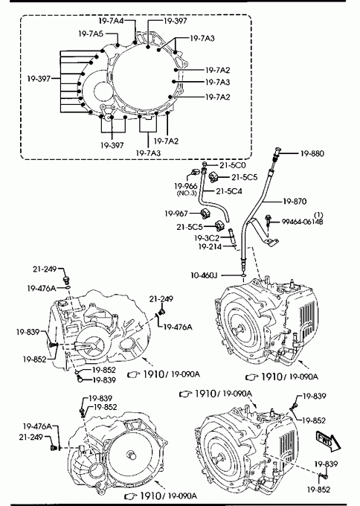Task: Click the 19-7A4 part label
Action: [111, 21]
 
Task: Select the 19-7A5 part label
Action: [91, 33]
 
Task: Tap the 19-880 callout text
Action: [312, 153]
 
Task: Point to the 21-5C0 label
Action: [233, 165]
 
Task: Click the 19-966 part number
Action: [185, 186]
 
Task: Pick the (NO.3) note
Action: [187, 193]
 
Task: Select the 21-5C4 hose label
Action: [228, 191]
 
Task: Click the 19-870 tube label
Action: [295, 202]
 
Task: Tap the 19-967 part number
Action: [176, 214]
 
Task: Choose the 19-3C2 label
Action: [207, 238]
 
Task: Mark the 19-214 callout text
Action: [210, 247]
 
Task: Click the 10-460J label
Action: [204, 275]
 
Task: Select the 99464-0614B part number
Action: [302, 222]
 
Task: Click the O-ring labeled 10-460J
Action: [243, 275]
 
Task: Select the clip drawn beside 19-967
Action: [206, 214]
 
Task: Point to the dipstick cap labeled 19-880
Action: [277, 150]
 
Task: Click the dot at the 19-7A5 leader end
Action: [118, 45]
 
